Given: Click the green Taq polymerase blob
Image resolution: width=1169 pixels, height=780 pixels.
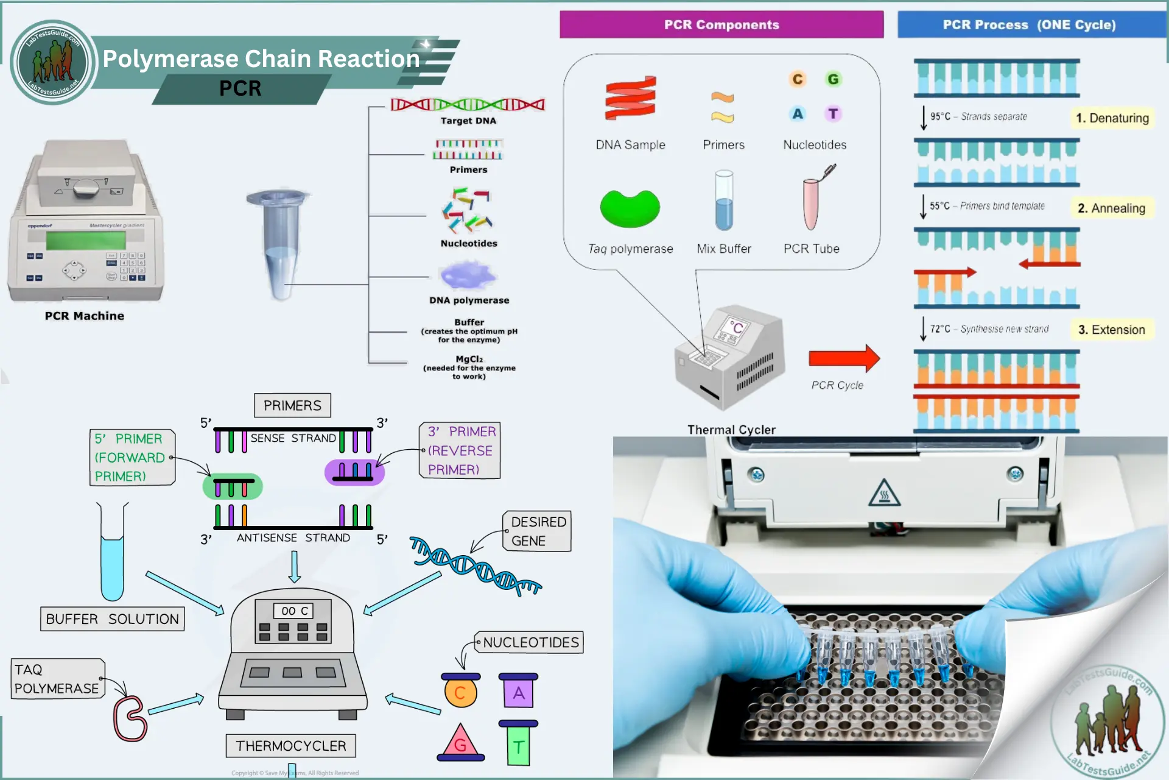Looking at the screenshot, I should [630, 209].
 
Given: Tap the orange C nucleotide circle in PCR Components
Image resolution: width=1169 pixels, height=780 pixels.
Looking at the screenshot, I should [797, 79].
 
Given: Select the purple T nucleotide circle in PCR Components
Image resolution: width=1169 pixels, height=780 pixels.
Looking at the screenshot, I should [833, 113].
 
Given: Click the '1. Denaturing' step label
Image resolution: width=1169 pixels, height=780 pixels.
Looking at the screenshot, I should [1112, 118].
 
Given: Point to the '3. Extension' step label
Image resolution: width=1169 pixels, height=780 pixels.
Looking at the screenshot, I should [1111, 330].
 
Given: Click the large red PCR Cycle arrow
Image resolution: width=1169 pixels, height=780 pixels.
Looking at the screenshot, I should [843, 358].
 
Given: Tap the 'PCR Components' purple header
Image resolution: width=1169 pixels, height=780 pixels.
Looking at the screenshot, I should [721, 25].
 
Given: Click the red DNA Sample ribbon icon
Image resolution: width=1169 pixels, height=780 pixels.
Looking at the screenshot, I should [630, 97].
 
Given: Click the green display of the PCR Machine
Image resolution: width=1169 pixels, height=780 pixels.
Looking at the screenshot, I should [85, 240].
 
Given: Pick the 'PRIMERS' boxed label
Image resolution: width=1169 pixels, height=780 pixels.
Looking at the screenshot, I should [292, 405].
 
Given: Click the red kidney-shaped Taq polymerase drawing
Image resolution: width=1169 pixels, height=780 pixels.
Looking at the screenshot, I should [130, 719].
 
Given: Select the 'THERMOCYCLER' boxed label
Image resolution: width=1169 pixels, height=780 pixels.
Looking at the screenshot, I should [290, 746].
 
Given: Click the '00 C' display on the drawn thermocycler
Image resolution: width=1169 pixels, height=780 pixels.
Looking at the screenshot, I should [295, 611].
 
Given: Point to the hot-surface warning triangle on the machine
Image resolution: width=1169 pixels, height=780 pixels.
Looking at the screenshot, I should [884, 494].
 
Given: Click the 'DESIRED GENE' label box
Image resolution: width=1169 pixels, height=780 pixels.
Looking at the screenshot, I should [537, 531].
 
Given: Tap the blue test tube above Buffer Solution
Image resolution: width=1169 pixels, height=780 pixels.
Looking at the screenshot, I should [112, 567].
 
